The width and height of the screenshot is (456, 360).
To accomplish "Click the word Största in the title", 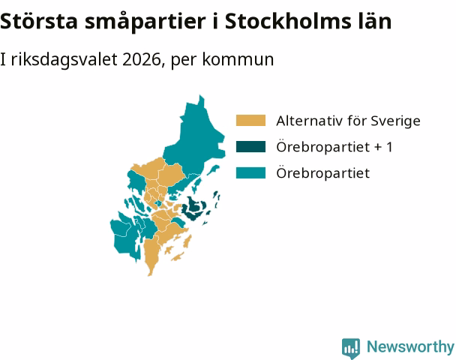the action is point(39,21).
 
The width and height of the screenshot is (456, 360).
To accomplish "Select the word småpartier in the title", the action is point(145,22).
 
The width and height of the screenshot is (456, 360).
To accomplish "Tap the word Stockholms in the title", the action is point(288,21).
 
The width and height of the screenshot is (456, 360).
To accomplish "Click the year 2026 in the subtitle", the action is point(141,59).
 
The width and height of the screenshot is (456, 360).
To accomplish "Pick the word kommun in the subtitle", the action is point(238,59).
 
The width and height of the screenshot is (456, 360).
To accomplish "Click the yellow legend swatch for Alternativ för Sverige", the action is point(250,121).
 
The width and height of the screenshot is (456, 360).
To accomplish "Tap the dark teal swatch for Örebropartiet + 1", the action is point(250,146).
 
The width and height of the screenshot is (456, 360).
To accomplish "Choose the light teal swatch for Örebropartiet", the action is point(250,172).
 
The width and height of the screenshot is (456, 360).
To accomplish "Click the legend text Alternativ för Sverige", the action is point(348,121).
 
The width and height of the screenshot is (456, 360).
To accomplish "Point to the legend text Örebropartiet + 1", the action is point(334,147).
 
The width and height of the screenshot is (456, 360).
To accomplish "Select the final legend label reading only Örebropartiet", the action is point(322,173).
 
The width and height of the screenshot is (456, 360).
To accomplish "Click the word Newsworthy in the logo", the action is point(410,347).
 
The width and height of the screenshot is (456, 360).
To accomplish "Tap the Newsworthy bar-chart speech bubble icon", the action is point(351,348).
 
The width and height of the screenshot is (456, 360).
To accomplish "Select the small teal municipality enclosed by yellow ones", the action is point(158,203).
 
